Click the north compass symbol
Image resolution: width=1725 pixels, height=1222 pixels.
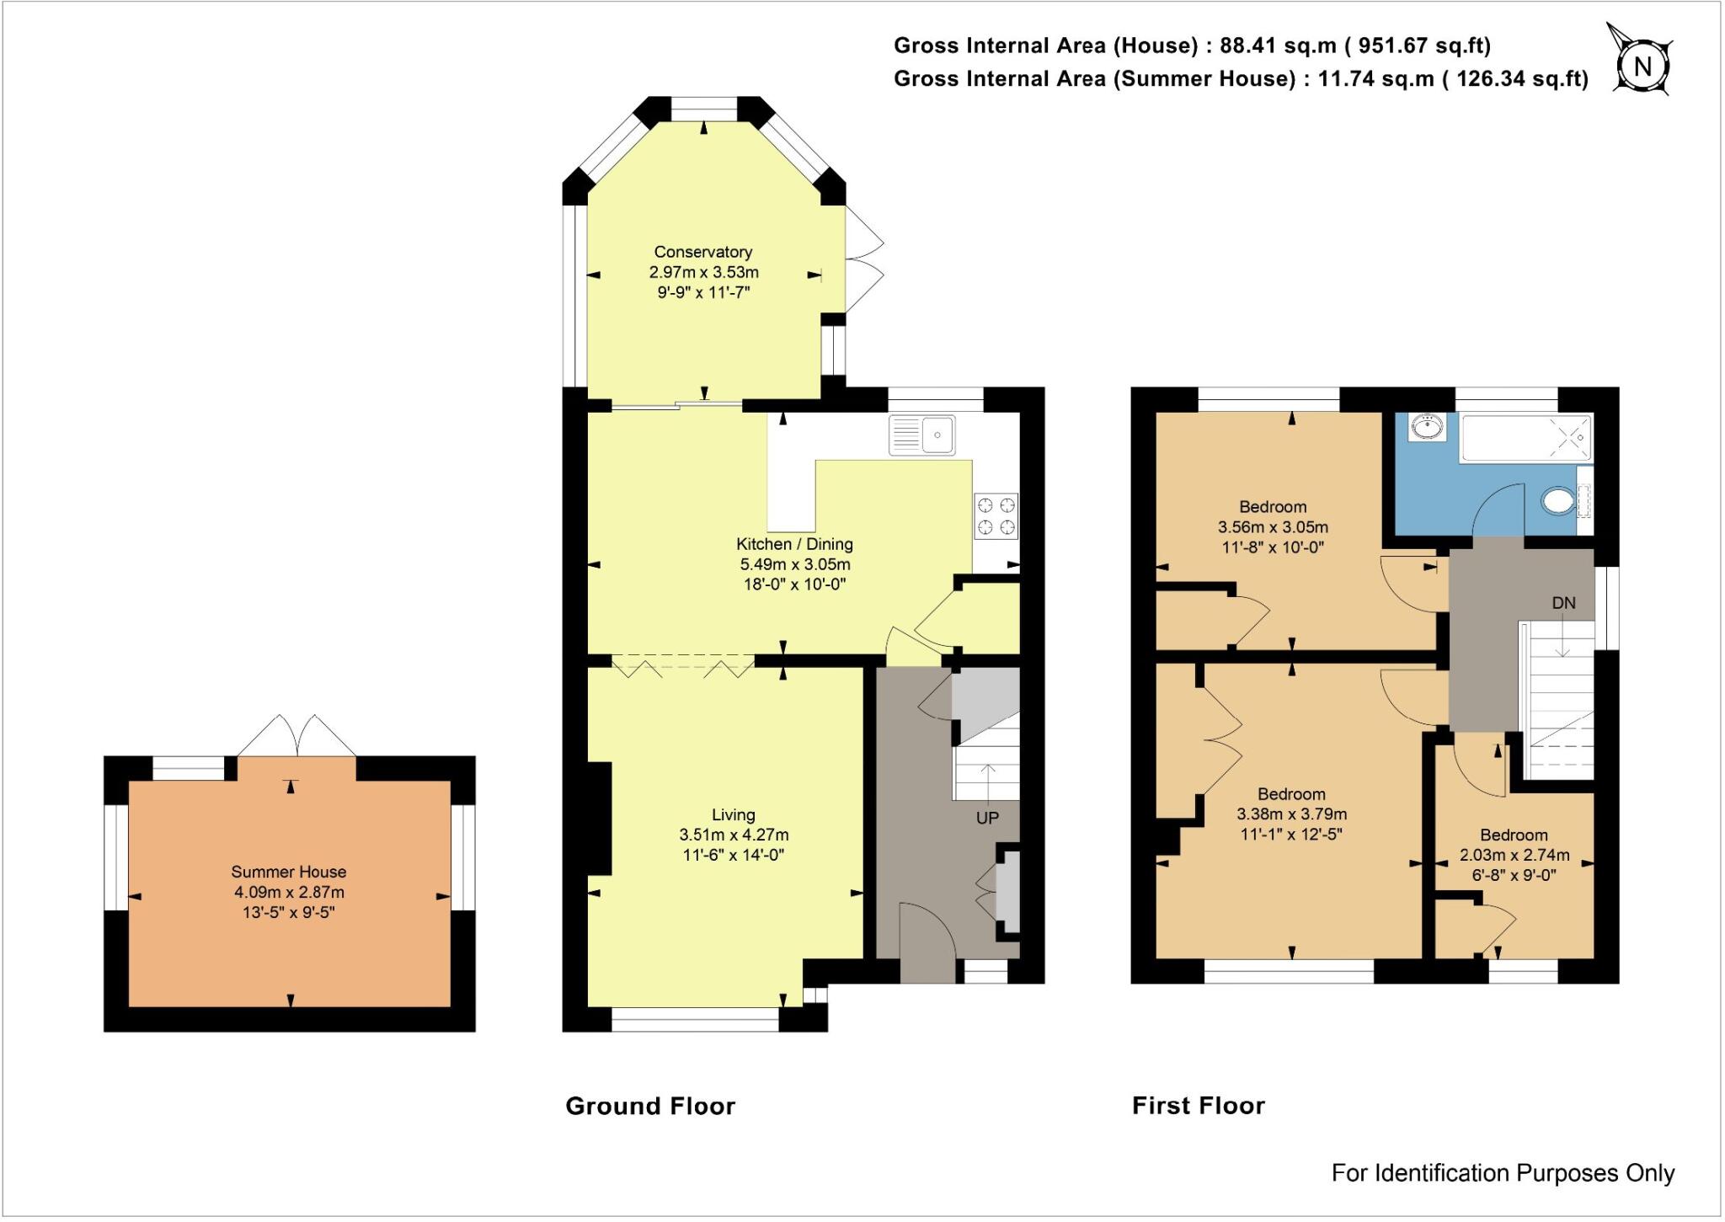pyautogui.click(x=1642, y=65)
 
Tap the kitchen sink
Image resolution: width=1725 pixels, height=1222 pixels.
pyautogui.click(x=921, y=435)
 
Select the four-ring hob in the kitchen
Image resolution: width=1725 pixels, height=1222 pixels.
pyautogui.click(x=996, y=516)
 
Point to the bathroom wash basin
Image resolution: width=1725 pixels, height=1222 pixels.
pyautogui.click(x=1426, y=428)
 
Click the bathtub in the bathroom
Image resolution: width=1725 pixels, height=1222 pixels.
pyautogui.click(x=1526, y=437)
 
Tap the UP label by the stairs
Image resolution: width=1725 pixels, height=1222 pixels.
pyautogui.click(x=986, y=818)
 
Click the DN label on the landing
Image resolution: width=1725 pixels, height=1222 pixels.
pyautogui.click(x=1563, y=603)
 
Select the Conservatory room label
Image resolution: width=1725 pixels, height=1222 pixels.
pyautogui.click(x=702, y=252)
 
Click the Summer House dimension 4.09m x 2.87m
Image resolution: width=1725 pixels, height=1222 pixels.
pyautogui.click(x=289, y=893)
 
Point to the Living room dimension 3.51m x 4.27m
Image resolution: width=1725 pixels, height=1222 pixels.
pyautogui.click(x=733, y=835)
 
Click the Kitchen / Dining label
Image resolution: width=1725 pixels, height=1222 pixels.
pyautogui.click(x=794, y=544)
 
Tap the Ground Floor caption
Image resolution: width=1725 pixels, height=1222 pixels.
pyautogui.click(x=649, y=1106)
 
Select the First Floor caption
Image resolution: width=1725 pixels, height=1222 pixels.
pyautogui.click(x=1198, y=1106)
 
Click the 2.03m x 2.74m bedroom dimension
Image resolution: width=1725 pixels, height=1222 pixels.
pyautogui.click(x=1514, y=856)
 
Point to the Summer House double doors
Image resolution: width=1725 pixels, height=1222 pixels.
pyautogui.click(x=296, y=735)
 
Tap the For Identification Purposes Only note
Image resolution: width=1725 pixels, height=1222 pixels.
pyautogui.click(x=1502, y=1172)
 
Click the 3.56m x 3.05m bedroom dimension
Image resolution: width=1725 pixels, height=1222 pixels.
pyautogui.click(x=1272, y=527)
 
